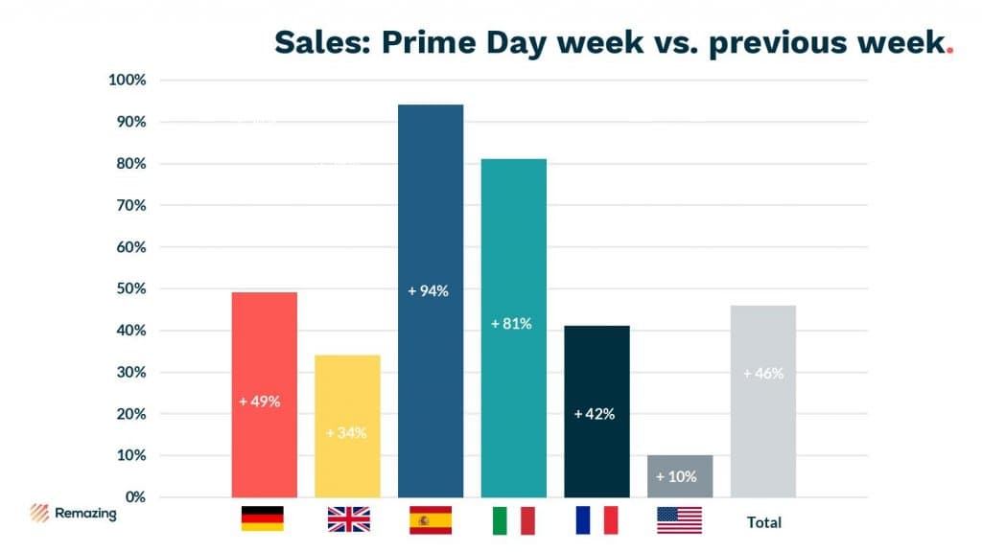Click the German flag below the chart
(262, 518)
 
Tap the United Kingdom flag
(348, 519)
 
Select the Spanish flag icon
(431, 519)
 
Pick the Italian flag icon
(513, 520)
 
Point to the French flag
(596, 519)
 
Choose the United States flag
(679, 520)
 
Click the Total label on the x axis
(764, 522)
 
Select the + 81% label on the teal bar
(511, 324)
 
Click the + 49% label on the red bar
(260, 402)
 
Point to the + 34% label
(346, 432)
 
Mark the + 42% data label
(594, 414)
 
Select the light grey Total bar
(762, 422)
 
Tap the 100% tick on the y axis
(128, 80)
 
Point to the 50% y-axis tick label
(129, 288)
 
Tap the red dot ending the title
(949, 52)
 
